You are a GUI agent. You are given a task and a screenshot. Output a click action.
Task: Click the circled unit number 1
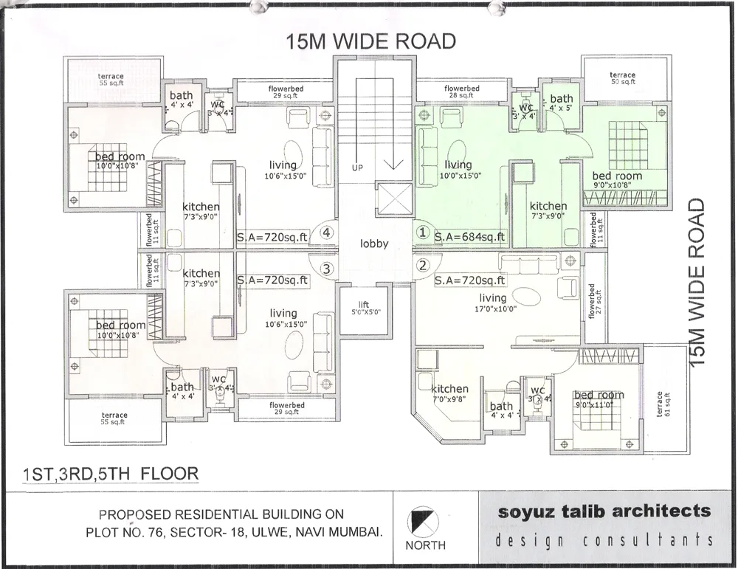click(x=422, y=232)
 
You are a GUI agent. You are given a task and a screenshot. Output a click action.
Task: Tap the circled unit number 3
click(x=327, y=269)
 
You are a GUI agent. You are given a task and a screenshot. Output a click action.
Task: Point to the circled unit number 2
click(x=422, y=266)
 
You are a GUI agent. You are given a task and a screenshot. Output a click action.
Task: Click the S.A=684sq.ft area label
click(x=471, y=237)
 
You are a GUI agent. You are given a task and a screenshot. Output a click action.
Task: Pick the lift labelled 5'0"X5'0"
click(x=364, y=309)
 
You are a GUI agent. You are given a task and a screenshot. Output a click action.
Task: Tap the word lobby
click(x=374, y=244)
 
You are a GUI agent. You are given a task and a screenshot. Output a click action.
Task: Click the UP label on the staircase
click(x=357, y=168)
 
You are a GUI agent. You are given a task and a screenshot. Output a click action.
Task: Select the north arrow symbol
click(x=425, y=520)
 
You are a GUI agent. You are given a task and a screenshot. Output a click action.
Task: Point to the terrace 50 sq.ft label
click(x=622, y=78)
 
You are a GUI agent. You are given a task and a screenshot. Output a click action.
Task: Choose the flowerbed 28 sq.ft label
click(x=462, y=92)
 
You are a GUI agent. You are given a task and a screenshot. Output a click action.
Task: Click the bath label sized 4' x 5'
click(x=561, y=103)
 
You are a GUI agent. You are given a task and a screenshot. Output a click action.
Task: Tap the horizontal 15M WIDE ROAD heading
click(x=371, y=41)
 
